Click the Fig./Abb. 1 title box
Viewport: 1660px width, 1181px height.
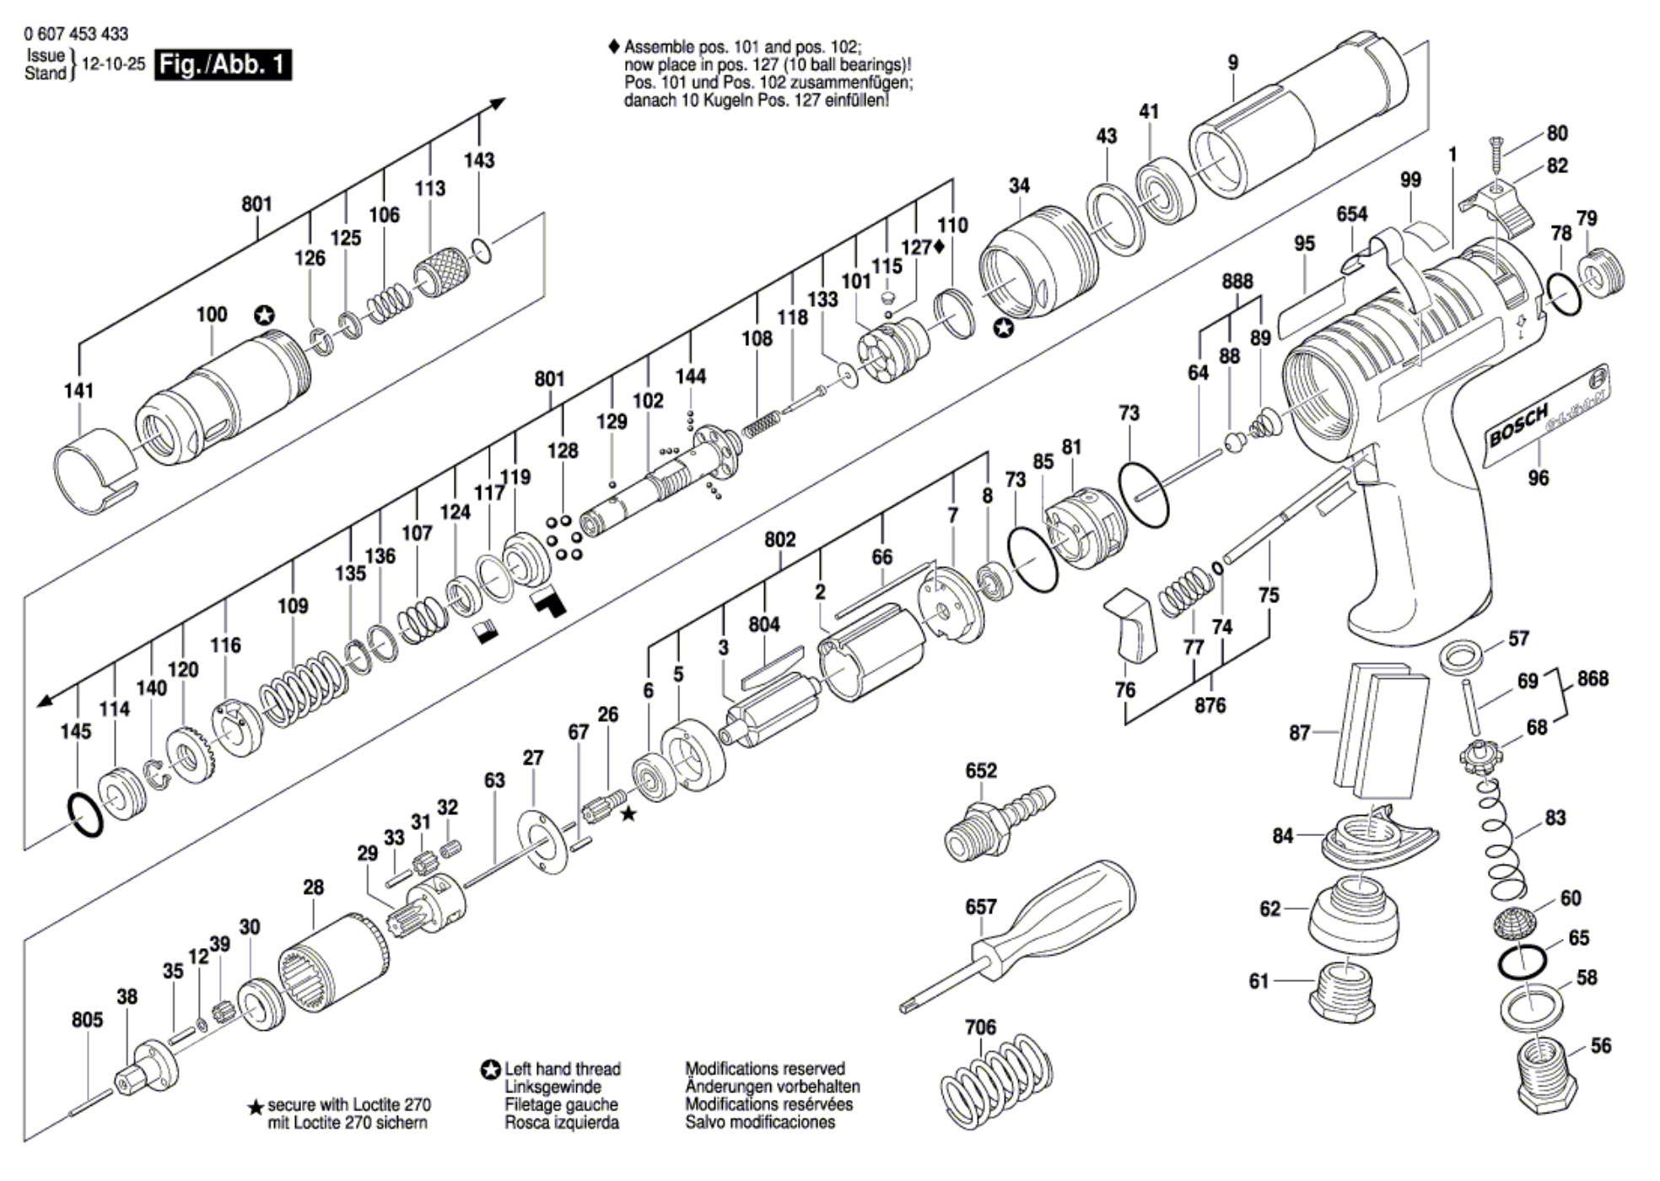tap(223, 65)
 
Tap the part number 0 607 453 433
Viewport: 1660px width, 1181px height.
tap(77, 34)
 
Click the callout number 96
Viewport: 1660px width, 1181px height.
tap(1539, 478)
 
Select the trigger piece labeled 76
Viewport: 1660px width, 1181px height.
tap(1128, 624)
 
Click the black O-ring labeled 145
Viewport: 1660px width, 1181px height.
tap(84, 815)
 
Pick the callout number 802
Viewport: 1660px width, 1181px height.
tap(779, 539)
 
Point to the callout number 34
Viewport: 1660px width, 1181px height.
tap(1019, 186)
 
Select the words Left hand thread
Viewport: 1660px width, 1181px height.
tap(563, 1069)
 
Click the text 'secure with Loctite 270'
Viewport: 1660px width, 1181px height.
tap(349, 1105)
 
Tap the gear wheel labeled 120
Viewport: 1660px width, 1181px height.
tap(191, 755)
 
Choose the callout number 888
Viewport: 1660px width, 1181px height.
tap(1237, 282)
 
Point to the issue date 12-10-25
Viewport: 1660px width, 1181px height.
tap(113, 64)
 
